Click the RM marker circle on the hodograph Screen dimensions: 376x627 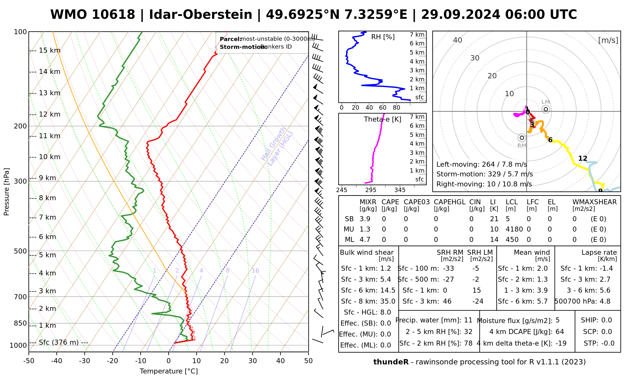[522, 138]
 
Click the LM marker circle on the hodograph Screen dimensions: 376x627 [546, 109]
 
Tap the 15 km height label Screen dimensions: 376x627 [50, 50]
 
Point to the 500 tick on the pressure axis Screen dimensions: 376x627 [21, 251]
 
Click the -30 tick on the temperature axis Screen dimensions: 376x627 [85, 361]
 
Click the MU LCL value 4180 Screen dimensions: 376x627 [514, 229]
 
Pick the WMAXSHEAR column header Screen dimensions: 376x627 [594, 202]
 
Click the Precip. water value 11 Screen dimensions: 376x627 [468, 320]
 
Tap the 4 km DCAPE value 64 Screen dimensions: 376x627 [560, 332]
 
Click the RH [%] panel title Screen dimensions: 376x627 [383, 37]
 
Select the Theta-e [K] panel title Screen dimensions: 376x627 [382, 119]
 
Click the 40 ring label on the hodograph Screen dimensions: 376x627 [458, 40]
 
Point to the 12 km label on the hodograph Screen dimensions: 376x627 [582, 159]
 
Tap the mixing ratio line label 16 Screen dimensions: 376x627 [255, 271]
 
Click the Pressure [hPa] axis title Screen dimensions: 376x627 [7, 192]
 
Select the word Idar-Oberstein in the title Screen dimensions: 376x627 [201, 15]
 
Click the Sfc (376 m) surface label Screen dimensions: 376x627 [59, 342]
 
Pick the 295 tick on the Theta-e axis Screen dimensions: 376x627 [371, 190]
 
